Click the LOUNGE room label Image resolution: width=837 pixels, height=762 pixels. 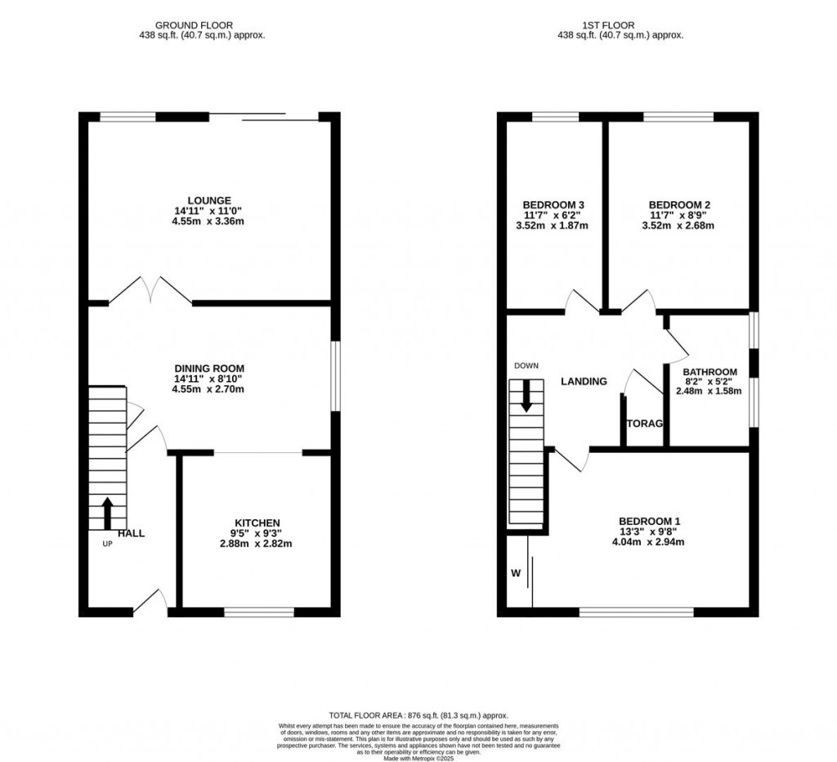[209, 200]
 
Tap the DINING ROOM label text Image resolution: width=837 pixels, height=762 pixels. [209, 369]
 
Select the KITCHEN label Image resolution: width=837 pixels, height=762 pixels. [257, 522]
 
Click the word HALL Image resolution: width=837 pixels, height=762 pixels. [131, 534]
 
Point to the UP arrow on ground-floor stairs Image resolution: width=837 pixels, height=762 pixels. [107, 513]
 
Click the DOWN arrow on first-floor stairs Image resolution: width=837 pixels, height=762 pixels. [526, 397]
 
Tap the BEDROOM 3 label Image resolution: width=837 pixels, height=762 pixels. [553, 204]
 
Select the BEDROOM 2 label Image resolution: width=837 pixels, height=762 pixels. [678, 204]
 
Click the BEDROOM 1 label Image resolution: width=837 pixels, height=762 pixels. [649, 521]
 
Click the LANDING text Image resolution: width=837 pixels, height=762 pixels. [584, 381]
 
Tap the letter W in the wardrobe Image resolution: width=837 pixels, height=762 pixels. [516, 573]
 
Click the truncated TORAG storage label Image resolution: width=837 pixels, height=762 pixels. [644, 424]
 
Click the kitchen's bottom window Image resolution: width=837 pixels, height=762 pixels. [259, 610]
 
